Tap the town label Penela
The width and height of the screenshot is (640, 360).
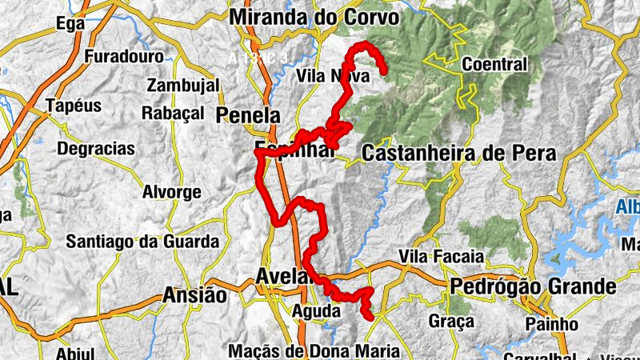(x=249, y=114)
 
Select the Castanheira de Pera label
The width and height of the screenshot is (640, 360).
(x=458, y=152)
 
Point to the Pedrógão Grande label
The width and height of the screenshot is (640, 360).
(x=534, y=286)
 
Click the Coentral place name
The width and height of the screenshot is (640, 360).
(x=495, y=64)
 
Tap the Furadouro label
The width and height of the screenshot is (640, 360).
(x=124, y=57)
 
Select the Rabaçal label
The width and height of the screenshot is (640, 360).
(x=173, y=114)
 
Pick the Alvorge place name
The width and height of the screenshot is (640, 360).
(x=171, y=192)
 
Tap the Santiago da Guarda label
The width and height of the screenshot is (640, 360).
(x=142, y=241)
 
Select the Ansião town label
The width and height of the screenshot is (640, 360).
(x=194, y=295)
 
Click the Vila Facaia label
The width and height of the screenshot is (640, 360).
(x=442, y=257)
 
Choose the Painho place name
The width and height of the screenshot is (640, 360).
(x=552, y=324)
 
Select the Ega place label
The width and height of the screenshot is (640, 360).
(x=70, y=25)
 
